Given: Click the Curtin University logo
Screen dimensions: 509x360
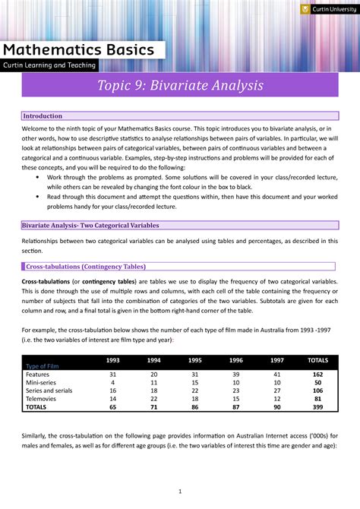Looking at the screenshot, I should (x=327, y=9).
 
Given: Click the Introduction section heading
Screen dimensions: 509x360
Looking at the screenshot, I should (x=43, y=116).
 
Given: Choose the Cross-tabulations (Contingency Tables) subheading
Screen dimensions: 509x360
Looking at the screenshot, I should (x=86, y=267).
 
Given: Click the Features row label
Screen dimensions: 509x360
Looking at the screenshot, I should (x=38, y=375).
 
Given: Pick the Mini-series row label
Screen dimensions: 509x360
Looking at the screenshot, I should (x=41, y=383).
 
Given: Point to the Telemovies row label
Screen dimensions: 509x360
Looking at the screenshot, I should (x=41, y=399).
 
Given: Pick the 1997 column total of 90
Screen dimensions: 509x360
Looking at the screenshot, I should (x=276, y=407).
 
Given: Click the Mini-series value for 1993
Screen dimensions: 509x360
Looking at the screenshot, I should (x=112, y=383).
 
